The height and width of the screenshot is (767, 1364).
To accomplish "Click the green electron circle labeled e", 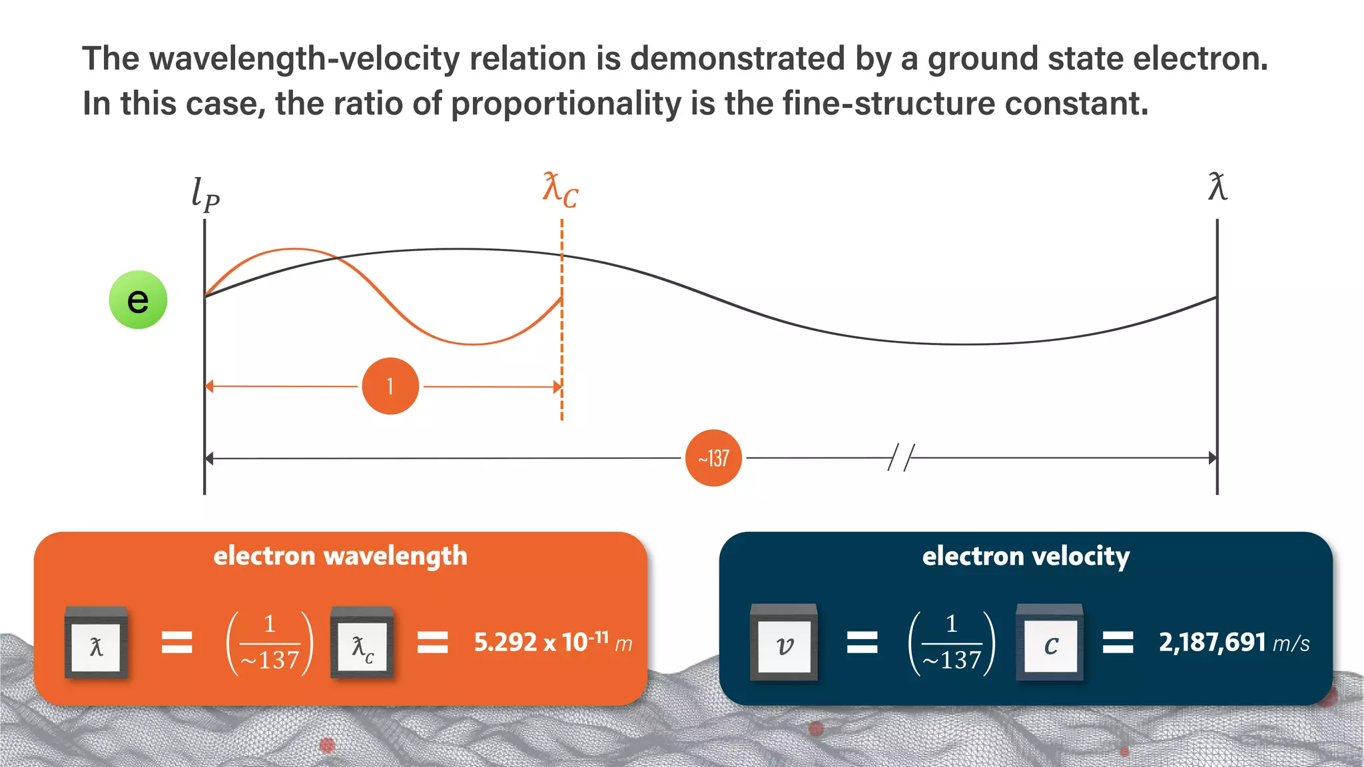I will (x=138, y=300).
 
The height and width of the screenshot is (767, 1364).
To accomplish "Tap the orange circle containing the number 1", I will (x=390, y=386).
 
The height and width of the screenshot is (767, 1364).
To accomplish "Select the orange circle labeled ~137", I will (x=713, y=458).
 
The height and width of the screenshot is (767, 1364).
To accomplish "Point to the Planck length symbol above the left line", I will (x=205, y=194).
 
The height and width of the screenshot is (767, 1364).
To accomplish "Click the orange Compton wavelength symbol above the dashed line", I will (x=560, y=190).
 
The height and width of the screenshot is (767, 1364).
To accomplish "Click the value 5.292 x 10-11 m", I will (x=553, y=642).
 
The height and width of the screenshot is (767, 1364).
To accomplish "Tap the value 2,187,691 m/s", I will (x=1234, y=642).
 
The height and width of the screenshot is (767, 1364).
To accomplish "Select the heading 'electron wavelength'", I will (x=340, y=556).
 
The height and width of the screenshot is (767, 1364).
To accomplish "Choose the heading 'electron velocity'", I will (x=1026, y=556).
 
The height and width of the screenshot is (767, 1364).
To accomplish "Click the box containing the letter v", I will (x=784, y=644).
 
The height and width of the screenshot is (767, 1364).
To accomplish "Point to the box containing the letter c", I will (x=1050, y=644).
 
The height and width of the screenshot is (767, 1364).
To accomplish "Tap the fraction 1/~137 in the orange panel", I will (x=270, y=642).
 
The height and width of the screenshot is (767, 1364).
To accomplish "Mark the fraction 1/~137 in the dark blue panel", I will (x=952, y=642).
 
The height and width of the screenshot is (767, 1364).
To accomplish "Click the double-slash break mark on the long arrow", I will (x=901, y=458).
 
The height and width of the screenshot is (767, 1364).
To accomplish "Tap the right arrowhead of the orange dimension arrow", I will (x=557, y=387).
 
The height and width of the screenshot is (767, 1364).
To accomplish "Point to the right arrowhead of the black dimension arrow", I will (x=1212, y=458).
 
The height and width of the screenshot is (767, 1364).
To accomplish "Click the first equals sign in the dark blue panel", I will (x=862, y=642).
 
